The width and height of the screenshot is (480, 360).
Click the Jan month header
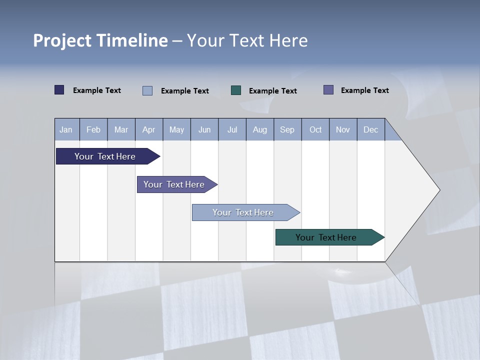pyautogui.click(x=66, y=129)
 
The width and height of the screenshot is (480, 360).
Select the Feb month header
pyautogui.click(x=93, y=129)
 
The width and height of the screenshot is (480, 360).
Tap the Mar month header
pyautogui.click(x=121, y=129)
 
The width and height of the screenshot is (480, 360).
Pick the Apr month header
pyautogui.click(x=149, y=129)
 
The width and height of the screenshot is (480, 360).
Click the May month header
pyautogui.click(x=176, y=129)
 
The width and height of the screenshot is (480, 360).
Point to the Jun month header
pyautogui.click(x=204, y=129)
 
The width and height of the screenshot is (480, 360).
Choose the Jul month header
pyautogui.click(x=232, y=129)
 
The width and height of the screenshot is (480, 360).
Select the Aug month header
pyautogui.click(x=260, y=129)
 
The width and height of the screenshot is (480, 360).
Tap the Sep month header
pyautogui.click(x=287, y=129)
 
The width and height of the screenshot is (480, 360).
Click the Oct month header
pyautogui.click(x=315, y=129)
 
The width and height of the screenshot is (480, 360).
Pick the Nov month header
pyautogui.click(x=343, y=129)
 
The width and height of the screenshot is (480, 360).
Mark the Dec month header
pyautogui.click(x=371, y=129)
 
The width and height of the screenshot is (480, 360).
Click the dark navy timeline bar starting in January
pyautogui.click(x=105, y=156)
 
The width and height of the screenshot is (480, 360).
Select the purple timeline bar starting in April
pyautogui.click(x=174, y=184)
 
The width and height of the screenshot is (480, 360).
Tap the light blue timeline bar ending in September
pyautogui.click(x=243, y=212)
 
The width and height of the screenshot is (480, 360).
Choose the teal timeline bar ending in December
pyautogui.click(x=326, y=237)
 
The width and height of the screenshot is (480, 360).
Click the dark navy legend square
pyautogui.click(x=59, y=90)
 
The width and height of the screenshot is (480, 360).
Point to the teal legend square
pyautogui.click(x=236, y=90)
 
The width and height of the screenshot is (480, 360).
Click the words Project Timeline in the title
pyautogui.click(x=100, y=40)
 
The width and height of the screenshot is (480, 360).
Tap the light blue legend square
pyautogui.click(x=147, y=90)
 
